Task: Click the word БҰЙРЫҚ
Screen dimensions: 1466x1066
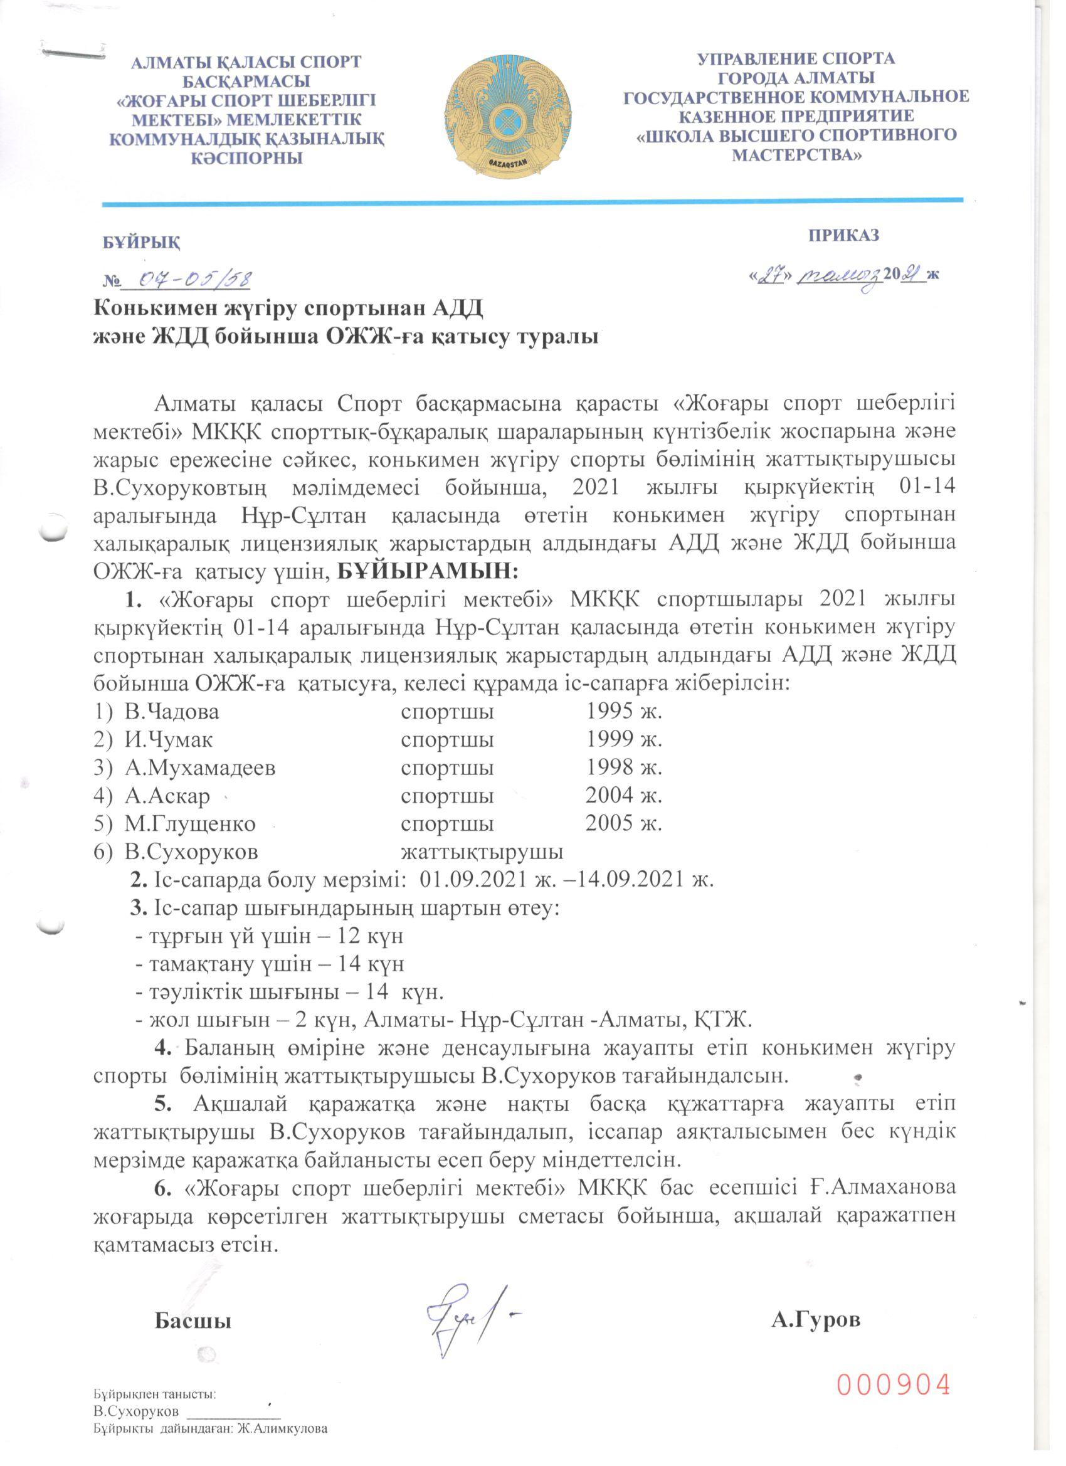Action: pos(142,243)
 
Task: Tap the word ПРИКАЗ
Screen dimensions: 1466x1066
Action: pos(843,235)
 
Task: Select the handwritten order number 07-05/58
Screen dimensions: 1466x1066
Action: pos(187,280)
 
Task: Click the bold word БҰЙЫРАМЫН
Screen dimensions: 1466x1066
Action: pos(428,571)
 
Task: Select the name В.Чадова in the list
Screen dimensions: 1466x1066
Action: pos(172,712)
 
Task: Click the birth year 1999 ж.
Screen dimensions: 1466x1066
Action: pos(624,739)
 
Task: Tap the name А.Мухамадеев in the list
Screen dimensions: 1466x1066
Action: pos(201,767)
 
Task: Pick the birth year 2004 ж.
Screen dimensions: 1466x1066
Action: pos(624,795)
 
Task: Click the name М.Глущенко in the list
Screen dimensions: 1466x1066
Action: pos(190,823)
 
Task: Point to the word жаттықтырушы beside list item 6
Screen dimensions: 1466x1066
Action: pos(482,852)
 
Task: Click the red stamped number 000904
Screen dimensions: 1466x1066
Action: pos(895,1386)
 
